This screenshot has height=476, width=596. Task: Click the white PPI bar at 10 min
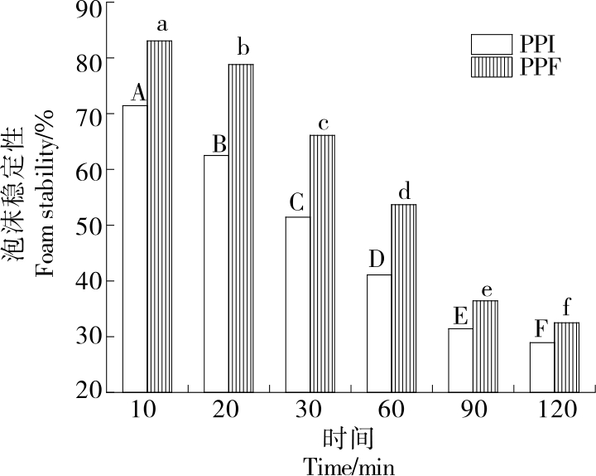pos(135,248)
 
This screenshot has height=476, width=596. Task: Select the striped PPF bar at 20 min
pos(241,227)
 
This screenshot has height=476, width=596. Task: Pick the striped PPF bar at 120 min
pos(566,357)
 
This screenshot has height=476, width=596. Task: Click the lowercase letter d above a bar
pos(404,192)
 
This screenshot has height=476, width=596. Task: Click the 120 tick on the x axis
pos(552,410)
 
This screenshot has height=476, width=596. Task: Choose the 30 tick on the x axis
pos(310,410)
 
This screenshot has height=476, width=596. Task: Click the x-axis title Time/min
pos(348,466)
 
